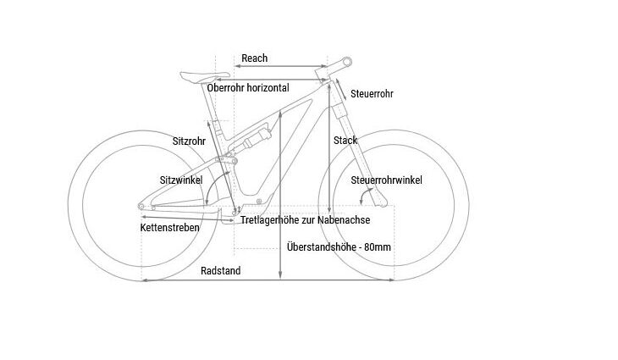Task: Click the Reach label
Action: pos(254,58)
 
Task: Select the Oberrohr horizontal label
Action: pos(248,88)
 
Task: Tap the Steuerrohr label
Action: pos(372,93)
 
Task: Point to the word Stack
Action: pos(345,140)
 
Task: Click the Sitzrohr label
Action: pos(189,141)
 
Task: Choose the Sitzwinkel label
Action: pos(181,180)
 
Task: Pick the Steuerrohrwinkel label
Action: pos(386,180)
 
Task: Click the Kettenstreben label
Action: pos(169,228)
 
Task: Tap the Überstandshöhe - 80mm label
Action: pos(339,247)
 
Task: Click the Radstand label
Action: pos(221,271)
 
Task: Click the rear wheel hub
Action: pos(141,205)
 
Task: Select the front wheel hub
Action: pos(395,205)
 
